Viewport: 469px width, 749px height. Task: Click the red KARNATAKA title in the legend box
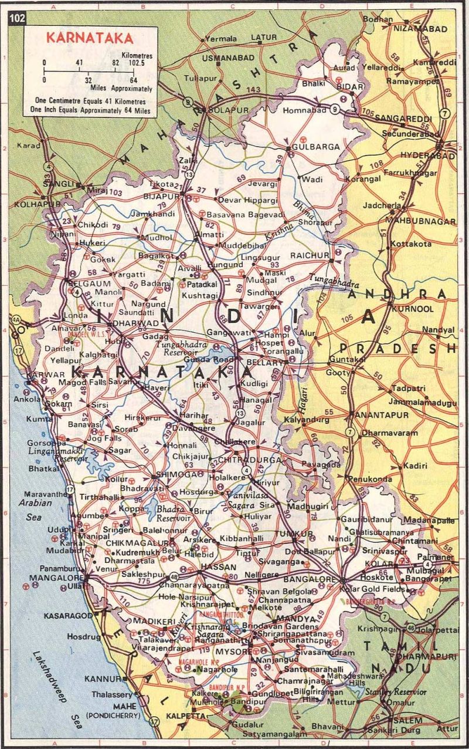(90, 39)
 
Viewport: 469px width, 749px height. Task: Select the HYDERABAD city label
(427, 156)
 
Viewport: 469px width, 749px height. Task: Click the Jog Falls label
(104, 438)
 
